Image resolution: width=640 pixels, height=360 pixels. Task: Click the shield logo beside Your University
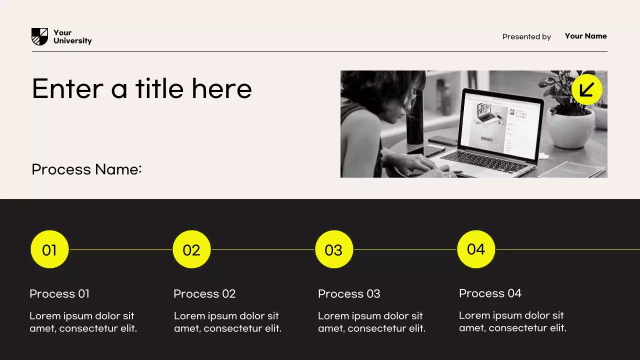[x=39, y=36]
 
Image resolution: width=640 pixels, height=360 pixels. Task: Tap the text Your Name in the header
[x=585, y=36]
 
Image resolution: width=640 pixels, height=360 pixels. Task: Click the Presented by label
[x=526, y=36]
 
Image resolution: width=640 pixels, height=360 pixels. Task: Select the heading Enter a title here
[x=141, y=88]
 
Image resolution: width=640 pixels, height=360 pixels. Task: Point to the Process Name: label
[x=86, y=169]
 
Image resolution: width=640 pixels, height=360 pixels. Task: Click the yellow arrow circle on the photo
[x=586, y=89]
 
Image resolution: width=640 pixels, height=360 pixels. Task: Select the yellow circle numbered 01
[x=49, y=249]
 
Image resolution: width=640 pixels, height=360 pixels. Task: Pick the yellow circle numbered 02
[x=191, y=249]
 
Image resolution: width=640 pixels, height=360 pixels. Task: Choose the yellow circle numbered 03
[x=333, y=249]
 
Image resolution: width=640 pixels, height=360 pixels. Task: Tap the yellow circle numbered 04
[x=475, y=249]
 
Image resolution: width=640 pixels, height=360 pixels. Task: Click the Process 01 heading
[x=59, y=294]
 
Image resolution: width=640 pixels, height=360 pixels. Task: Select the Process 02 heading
[x=204, y=294]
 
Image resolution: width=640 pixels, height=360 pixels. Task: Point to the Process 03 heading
[x=349, y=294]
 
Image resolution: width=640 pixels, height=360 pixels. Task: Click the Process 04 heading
[x=490, y=293]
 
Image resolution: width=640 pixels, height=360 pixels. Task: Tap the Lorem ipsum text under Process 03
[x=371, y=322]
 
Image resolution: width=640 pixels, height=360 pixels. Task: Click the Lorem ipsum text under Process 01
[x=83, y=322]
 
